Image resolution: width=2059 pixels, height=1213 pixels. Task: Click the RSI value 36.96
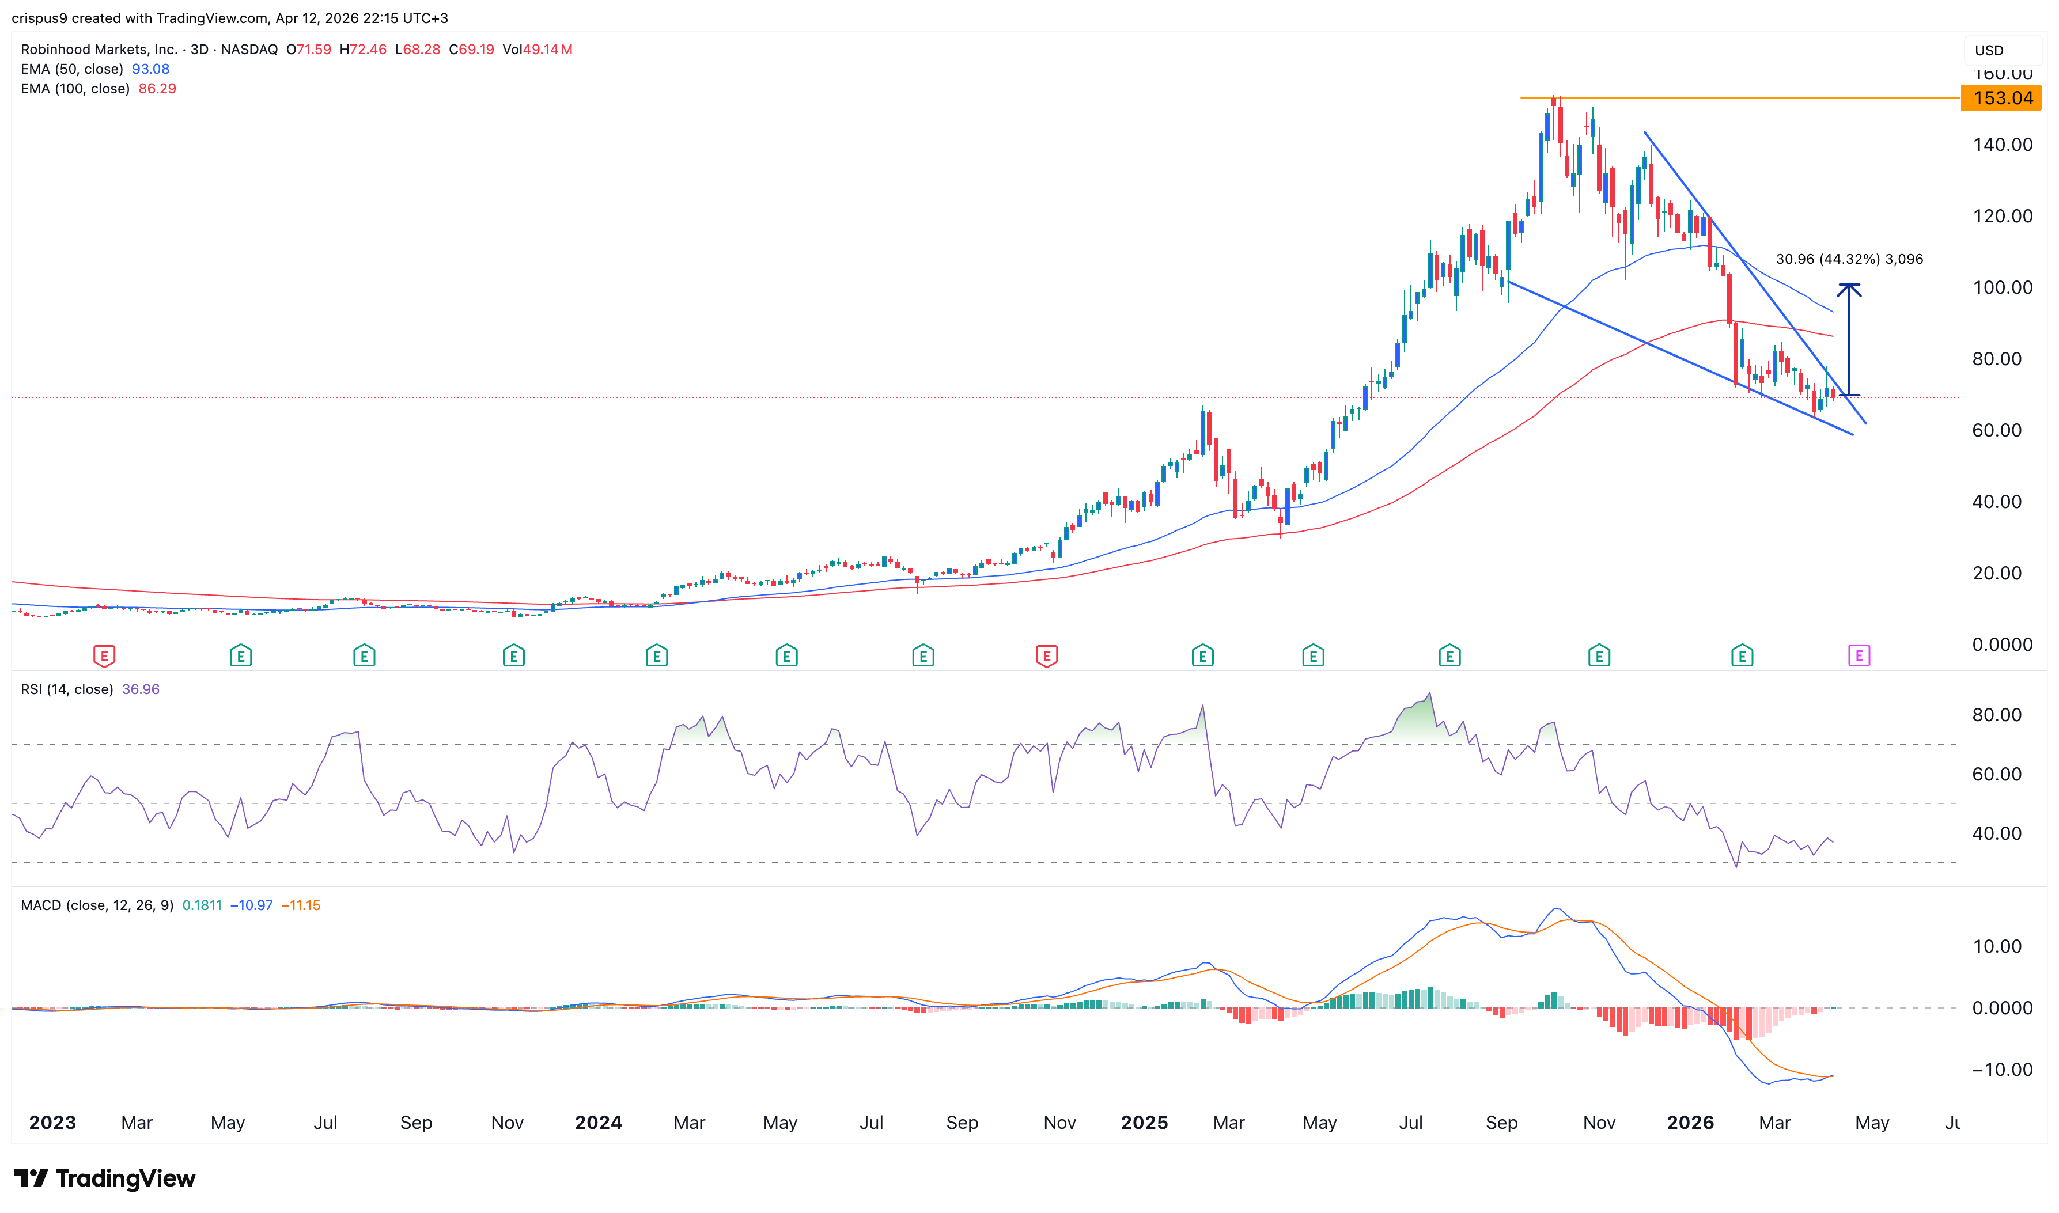click(141, 689)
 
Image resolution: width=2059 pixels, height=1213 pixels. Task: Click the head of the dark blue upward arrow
click(1849, 288)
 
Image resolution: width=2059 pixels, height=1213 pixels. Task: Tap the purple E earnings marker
click(1859, 655)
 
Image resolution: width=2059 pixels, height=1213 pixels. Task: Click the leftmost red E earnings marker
click(104, 655)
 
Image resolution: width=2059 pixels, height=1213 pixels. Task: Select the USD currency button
click(1989, 51)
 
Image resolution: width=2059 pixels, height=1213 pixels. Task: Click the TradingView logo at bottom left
click(105, 1178)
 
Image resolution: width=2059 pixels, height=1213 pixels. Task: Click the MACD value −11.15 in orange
click(301, 905)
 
